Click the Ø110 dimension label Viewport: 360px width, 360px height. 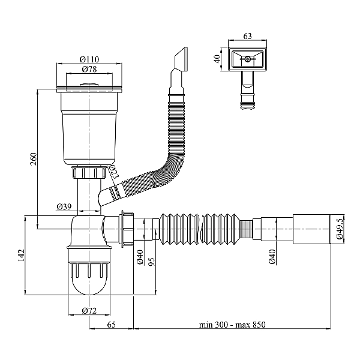click(x=89, y=59)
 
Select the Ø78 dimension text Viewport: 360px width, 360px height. click(x=89, y=69)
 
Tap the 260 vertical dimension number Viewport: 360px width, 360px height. click(x=34, y=158)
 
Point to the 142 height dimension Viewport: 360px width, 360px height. click(x=21, y=255)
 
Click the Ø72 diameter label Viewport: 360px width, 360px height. click(x=89, y=311)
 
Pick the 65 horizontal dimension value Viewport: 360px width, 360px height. click(x=112, y=325)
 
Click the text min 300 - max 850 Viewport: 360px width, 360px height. click(x=232, y=325)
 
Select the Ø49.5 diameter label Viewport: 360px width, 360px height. click(x=340, y=228)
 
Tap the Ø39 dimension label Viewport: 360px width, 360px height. click(x=64, y=206)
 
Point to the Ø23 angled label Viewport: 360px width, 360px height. click(x=114, y=172)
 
